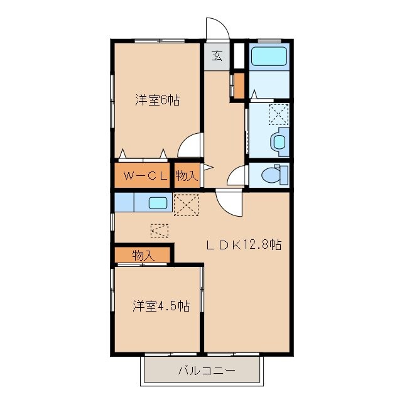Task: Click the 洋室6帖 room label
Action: tap(158, 100)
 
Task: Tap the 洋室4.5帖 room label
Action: tap(161, 306)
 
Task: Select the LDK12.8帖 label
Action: tap(244, 245)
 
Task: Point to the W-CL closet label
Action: tap(145, 176)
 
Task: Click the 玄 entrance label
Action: tap(217, 55)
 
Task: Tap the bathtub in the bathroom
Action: tap(269, 57)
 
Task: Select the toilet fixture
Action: tap(275, 174)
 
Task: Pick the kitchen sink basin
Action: tap(158, 203)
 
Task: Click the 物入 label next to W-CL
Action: tap(187, 176)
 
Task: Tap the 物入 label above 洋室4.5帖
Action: tap(143, 255)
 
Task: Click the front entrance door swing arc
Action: tap(215, 29)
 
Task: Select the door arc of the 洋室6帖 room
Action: tap(190, 147)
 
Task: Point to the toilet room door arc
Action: tap(237, 177)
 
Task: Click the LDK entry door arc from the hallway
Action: tap(228, 203)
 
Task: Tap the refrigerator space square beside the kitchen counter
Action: tap(186, 204)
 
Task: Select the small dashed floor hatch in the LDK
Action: tap(160, 231)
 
